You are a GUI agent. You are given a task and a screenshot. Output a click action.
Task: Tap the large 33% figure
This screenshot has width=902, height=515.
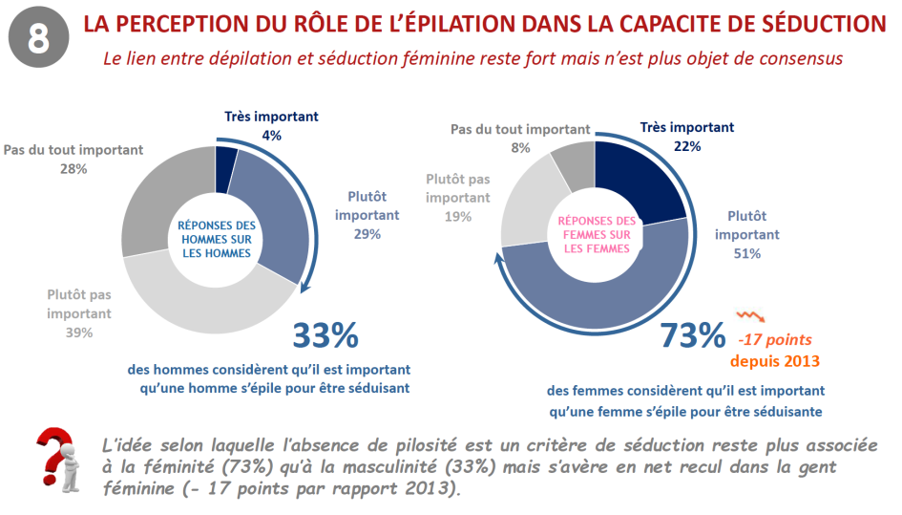click(x=325, y=335)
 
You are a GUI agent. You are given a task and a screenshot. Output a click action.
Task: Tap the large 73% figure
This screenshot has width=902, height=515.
click(x=693, y=335)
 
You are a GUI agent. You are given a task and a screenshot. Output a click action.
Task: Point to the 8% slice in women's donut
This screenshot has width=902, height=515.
click(x=574, y=162)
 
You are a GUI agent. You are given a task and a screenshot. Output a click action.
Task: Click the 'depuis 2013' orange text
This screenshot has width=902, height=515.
click(x=775, y=361)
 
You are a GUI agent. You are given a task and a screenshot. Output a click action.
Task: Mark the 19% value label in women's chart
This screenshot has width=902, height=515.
click(x=458, y=216)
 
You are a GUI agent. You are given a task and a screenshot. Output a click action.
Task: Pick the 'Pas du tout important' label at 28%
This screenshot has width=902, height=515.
click(x=73, y=150)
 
